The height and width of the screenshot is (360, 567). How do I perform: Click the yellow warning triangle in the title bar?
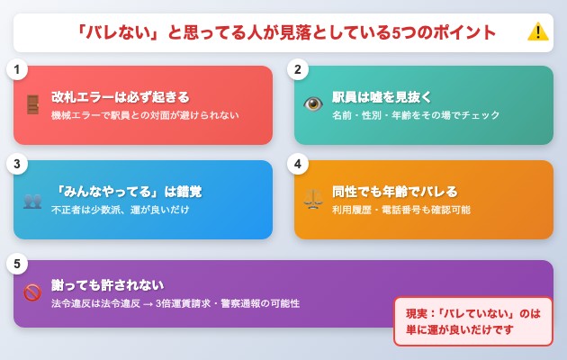[x=537, y=32]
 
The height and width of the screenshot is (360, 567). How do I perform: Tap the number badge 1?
[x=16, y=70]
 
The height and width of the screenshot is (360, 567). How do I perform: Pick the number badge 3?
[x=16, y=165]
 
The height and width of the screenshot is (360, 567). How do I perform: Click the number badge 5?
[x=16, y=265]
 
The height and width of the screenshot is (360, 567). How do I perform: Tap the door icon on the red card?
[x=32, y=104]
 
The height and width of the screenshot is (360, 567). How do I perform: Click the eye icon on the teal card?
[x=313, y=104]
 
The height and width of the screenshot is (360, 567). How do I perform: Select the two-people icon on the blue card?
[x=32, y=200]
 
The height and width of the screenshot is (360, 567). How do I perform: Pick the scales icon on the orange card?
[x=313, y=200]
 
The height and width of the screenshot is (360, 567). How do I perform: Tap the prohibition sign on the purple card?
[x=32, y=293]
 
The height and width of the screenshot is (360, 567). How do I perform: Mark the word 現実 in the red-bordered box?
[x=418, y=313]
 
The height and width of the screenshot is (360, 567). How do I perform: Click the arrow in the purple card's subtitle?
[x=148, y=303]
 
